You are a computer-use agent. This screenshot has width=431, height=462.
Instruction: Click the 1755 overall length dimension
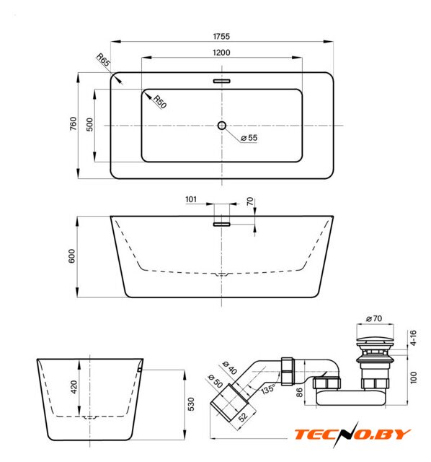coord(221,36)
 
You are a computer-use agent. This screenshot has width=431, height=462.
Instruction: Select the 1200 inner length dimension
coord(221,53)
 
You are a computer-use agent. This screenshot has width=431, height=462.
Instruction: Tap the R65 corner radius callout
coord(103,60)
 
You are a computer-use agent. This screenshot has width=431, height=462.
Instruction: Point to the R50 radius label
coord(160,102)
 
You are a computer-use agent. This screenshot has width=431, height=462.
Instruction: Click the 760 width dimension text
coord(73,123)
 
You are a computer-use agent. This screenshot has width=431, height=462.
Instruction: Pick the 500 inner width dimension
coord(89,124)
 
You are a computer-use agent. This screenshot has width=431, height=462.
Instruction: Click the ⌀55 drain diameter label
coord(249,138)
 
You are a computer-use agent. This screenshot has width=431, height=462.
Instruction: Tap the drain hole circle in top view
coord(222,126)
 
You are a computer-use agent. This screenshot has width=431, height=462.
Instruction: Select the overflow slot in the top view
coord(221,81)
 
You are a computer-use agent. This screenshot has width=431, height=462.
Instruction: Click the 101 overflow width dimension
coord(191,199)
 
